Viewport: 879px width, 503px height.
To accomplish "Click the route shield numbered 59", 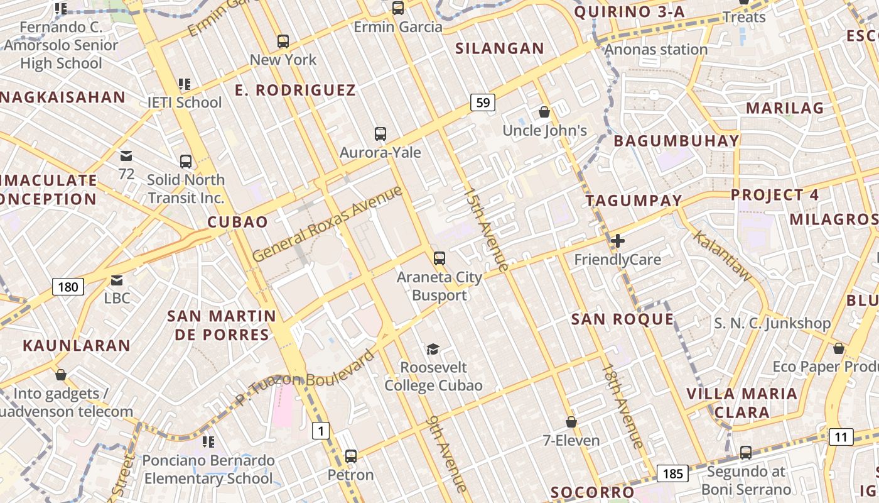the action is (483, 102).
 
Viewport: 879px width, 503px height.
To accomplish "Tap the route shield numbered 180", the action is (68, 287).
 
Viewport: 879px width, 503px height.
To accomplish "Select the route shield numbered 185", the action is (672, 473).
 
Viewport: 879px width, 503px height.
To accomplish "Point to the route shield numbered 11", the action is (841, 437).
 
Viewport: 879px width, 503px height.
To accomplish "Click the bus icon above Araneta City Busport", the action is (439, 258).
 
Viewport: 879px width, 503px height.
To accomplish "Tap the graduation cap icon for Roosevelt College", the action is (433, 349).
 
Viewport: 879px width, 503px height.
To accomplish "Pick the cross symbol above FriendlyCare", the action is (618, 240).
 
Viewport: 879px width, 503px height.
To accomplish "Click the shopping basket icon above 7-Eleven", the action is (571, 422).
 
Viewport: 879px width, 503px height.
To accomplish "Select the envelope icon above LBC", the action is (117, 280).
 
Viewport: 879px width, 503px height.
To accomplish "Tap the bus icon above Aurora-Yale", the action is (380, 133).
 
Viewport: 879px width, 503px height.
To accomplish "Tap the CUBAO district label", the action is (237, 221).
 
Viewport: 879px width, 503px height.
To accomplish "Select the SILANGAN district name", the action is (500, 48).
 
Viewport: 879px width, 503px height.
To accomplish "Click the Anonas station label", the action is (657, 49).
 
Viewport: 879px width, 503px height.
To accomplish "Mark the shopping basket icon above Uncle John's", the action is (544, 113).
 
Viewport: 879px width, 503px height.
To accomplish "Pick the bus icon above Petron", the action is (351, 456).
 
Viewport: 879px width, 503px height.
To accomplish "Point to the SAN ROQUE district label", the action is (622, 319).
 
